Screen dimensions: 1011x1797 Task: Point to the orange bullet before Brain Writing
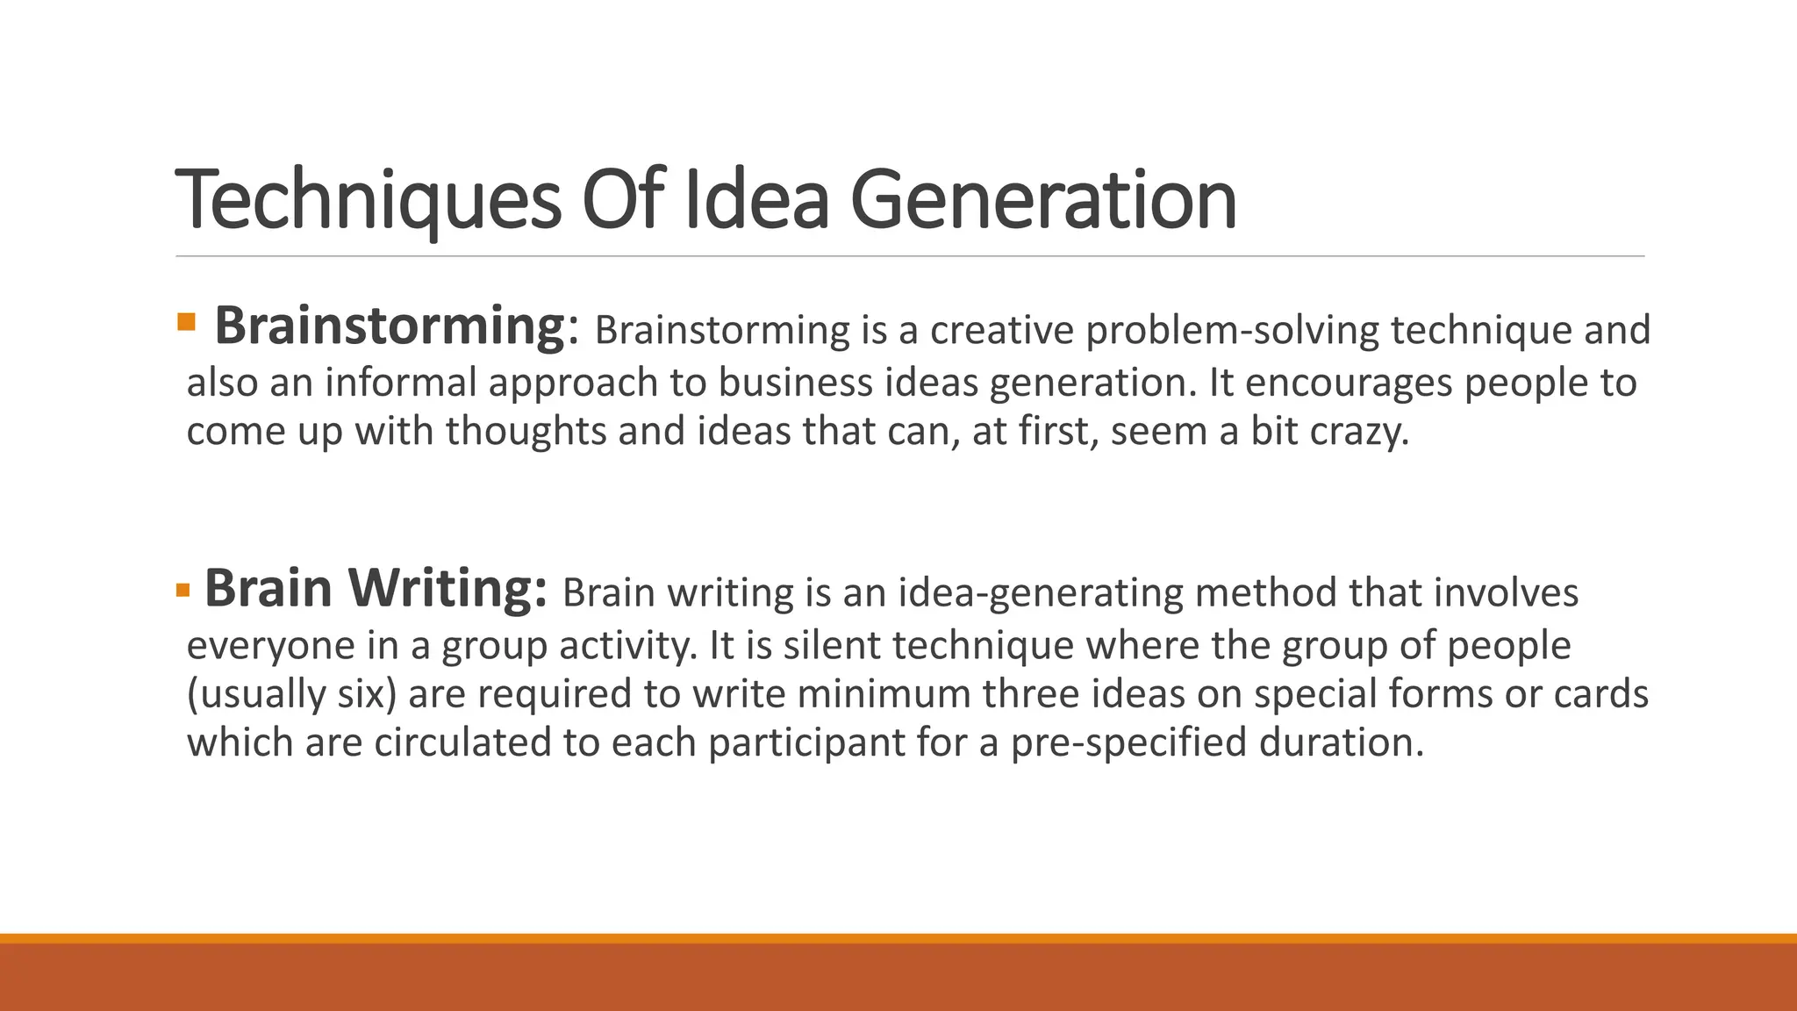(x=183, y=589)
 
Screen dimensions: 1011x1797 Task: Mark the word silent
(x=831, y=645)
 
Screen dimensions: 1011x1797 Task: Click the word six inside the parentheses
(x=359, y=693)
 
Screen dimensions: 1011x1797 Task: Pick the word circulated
(x=462, y=742)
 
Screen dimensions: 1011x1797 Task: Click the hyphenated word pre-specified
(x=1128, y=742)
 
